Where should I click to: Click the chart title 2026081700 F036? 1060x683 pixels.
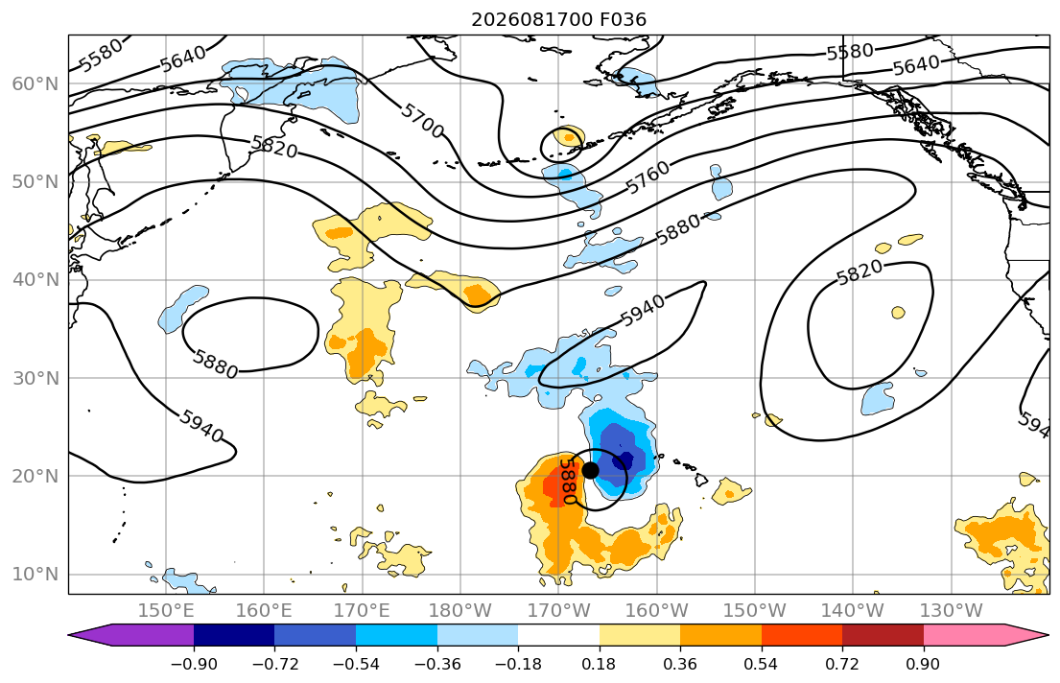point(558,19)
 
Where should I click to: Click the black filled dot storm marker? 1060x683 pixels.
point(590,470)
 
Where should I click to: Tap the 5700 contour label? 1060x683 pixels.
point(422,121)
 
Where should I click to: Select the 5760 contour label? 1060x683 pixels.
point(648,177)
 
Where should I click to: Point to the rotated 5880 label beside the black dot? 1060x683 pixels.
point(568,482)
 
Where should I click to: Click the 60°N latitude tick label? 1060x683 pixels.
point(35,83)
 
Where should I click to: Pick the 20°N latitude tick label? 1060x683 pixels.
point(35,476)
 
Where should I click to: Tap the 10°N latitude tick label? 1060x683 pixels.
point(35,575)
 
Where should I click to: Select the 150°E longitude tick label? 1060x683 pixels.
point(166,611)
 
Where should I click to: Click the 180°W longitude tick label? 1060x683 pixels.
point(460,611)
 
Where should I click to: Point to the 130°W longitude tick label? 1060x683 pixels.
point(952,611)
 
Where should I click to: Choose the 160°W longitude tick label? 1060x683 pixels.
point(656,611)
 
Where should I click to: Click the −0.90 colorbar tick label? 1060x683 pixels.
point(194,664)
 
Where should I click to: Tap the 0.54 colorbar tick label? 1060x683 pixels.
point(762,664)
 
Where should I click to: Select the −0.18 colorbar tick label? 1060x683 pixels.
point(518,664)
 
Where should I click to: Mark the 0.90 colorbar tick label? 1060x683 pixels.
point(924,664)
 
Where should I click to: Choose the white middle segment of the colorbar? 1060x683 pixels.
point(558,635)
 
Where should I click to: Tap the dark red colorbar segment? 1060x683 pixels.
point(883,635)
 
